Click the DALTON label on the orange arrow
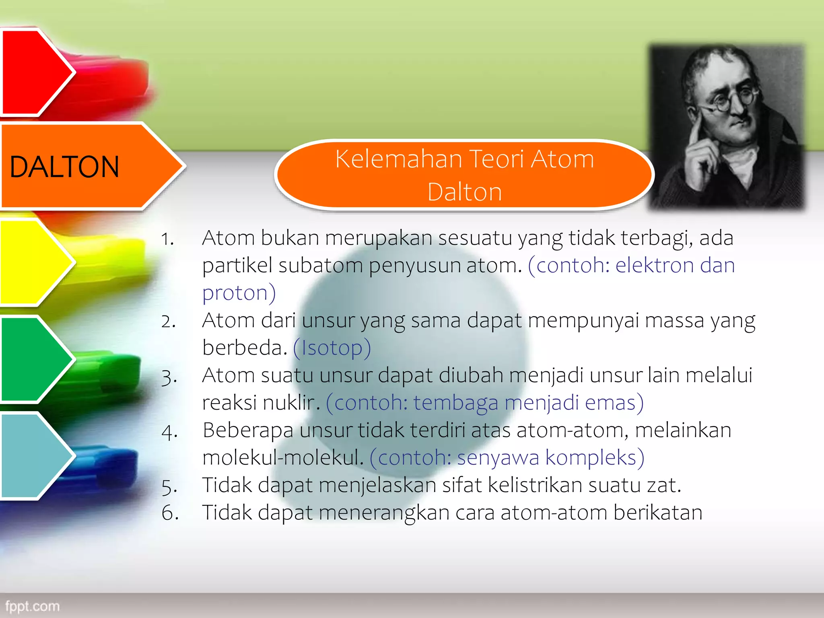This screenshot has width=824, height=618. (64, 167)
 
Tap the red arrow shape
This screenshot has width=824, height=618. (34, 72)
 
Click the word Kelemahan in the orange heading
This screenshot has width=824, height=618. (398, 159)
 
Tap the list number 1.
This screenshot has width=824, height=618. (167, 239)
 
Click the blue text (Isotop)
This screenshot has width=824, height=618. (332, 348)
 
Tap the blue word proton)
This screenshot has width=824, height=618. (239, 293)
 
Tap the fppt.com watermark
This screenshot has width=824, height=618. (32, 606)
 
